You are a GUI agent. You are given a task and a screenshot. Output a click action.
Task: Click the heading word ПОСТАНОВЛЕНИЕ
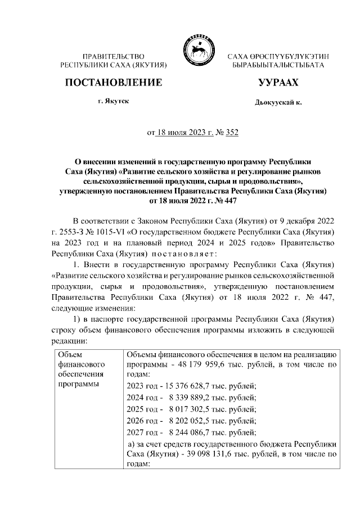tap(114, 83)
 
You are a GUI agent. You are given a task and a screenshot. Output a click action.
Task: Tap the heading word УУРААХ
tap(278, 83)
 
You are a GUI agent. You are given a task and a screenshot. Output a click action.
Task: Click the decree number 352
tap(232, 133)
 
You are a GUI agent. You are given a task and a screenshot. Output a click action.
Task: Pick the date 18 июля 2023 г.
tap(179, 133)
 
